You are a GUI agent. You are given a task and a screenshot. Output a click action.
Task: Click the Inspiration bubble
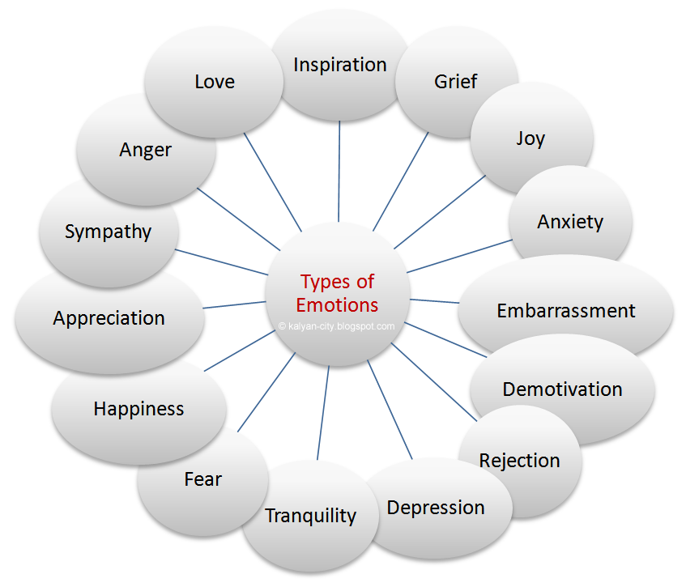coord(340,65)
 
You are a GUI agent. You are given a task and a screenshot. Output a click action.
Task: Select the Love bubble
coord(215,82)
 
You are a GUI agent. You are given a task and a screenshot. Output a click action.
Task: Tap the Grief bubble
coord(455,81)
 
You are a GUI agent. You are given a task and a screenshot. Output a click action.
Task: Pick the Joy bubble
coord(530,138)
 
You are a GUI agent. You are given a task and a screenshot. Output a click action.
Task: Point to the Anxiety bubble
coord(570,221)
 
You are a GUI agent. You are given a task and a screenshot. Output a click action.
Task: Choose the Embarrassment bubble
coord(566,311)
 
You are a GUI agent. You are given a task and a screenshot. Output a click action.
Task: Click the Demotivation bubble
coord(562,389)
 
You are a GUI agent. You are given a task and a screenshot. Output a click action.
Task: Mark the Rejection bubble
coord(520,461)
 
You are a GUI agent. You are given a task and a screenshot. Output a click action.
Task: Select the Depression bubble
coord(436,508)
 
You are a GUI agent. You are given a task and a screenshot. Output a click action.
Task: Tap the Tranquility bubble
coord(310,516)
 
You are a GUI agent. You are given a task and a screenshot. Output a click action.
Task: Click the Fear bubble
coord(202,479)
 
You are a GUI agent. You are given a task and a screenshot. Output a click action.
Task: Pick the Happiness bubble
coord(138,409)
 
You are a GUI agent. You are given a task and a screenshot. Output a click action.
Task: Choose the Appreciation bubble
coord(109,318)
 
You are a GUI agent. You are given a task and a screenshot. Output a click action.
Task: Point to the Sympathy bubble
coord(108,232)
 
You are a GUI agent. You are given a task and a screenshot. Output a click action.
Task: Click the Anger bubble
coord(146,150)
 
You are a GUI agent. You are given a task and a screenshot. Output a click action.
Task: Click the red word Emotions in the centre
coord(337,305)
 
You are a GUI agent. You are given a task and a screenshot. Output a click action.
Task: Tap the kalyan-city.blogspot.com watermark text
coord(336,327)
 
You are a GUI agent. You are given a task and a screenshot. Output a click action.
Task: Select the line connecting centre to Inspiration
coord(339,170)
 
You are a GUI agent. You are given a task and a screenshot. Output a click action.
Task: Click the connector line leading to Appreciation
coord(235,304)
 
